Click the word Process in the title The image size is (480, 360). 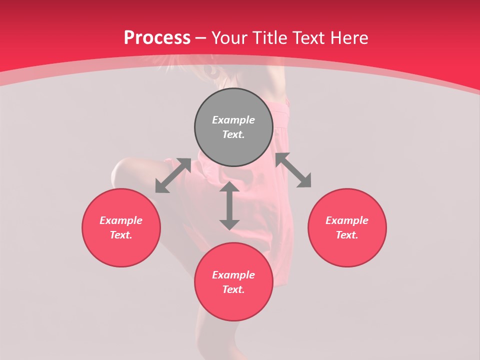click(157, 38)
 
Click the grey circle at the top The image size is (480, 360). click(233, 127)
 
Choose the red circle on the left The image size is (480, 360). click(121, 227)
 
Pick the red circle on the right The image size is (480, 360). click(347, 227)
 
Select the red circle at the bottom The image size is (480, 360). click(233, 282)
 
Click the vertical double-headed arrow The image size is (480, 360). click(229, 206)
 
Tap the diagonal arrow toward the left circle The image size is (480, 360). click(173, 175)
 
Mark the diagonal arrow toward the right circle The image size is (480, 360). click(293, 170)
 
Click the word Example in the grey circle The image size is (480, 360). click(233, 120)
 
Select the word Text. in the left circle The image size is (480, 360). click(121, 235)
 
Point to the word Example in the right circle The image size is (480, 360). click(347, 220)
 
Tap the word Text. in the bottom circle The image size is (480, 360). click(233, 289)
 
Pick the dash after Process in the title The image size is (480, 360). click(201, 38)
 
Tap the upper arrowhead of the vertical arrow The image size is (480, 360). click(229, 187)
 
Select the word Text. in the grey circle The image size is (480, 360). click(233, 134)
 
